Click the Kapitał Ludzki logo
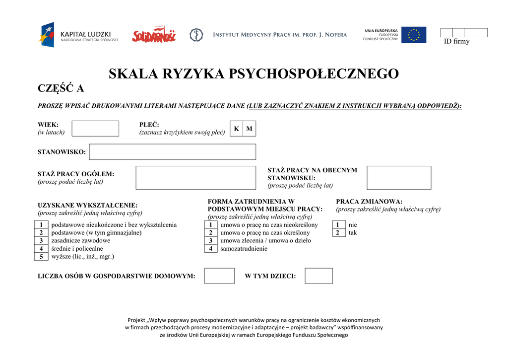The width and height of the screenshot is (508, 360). point(79,35)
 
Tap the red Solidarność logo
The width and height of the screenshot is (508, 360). point(154,35)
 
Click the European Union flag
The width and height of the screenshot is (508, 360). point(413,35)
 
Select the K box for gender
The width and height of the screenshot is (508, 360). point(237,129)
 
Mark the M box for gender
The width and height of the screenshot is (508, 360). point(250,129)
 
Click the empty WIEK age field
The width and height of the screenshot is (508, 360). point(95,129)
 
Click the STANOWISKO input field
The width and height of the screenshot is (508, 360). point(172,152)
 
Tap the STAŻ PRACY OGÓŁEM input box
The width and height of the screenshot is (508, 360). point(195,178)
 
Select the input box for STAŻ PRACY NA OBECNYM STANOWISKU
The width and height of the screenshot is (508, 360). point(399,178)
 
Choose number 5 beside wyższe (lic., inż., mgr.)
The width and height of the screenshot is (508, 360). point(41,257)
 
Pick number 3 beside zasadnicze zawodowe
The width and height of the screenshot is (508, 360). point(41,241)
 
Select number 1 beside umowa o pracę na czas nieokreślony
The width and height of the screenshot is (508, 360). point(211,225)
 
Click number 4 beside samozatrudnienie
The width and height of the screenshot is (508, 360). point(211,249)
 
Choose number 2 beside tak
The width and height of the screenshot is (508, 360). point(338,233)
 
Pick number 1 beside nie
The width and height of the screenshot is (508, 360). point(338,225)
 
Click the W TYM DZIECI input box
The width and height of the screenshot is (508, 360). point(318,276)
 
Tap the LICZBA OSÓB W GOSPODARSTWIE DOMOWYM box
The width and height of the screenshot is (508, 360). point(219,276)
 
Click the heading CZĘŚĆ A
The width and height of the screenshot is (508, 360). point(61,89)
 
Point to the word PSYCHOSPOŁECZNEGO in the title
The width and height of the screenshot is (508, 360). point(314,74)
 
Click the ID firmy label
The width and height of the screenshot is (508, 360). point(456,42)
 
